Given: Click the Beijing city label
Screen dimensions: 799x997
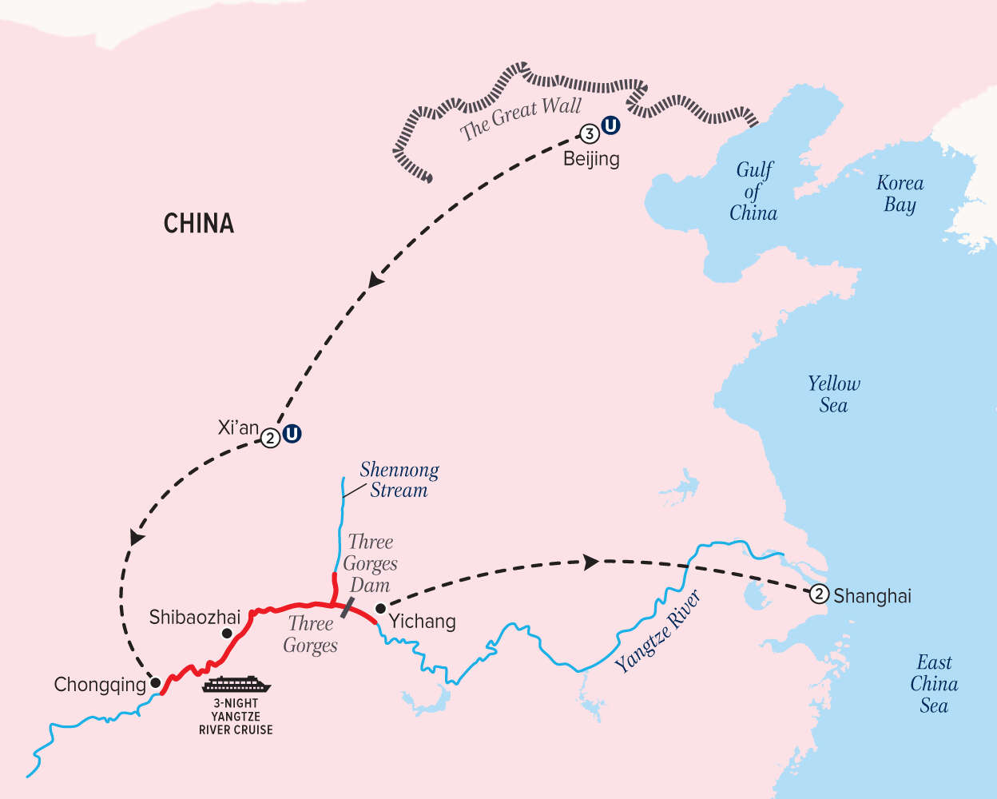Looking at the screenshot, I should pyautogui.click(x=591, y=158).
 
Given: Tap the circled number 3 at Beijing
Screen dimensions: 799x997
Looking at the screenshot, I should pyautogui.click(x=590, y=133).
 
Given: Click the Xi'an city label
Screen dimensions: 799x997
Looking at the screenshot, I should pyautogui.click(x=238, y=428).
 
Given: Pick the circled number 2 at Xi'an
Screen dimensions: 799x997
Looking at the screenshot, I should pyautogui.click(x=271, y=438).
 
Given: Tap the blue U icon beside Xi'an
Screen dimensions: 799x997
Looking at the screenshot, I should pyautogui.click(x=292, y=434).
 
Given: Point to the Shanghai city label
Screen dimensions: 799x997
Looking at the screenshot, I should pyautogui.click(x=872, y=596).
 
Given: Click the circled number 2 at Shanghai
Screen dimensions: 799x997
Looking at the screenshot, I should pyautogui.click(x=819, y=594).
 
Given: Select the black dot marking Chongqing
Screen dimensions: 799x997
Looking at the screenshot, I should pyautogui.click(x=157, y=682).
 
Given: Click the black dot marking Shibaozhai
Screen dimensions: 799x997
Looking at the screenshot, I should pyautogui.click(x=227, y=633).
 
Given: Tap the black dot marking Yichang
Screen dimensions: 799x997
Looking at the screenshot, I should pyautogui.click(x=380, y=609).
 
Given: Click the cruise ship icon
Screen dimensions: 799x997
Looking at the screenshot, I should pyautogui.click(x=236, y=685).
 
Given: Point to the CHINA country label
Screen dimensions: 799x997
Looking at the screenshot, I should pyautogui.click(x=199, y=223).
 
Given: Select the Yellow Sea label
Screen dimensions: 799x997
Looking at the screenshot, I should pyautogui.click(x=833, y=394).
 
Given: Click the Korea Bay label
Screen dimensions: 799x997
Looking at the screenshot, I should pyautogui.click(x=900, y=193).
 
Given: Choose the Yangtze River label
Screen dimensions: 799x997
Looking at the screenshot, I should pyautogui.click(x=658, y=631).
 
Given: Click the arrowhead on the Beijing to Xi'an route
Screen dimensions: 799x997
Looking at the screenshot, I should pyautogui.click(x=375, y=280).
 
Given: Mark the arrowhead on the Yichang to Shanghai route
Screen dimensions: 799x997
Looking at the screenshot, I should pyautogui.click(x=590, y=562).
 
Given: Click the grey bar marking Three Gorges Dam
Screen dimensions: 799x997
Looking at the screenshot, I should pyautogui.click(x=348, y=606).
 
